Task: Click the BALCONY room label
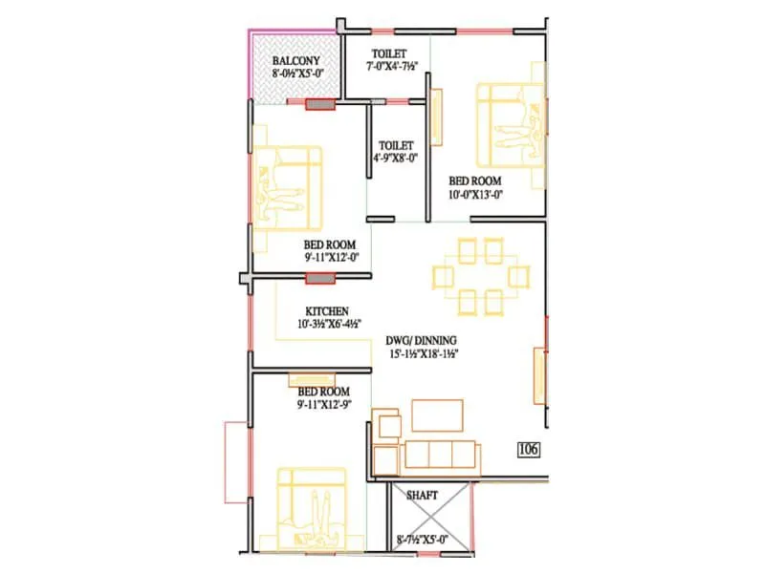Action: (x=295, y=58)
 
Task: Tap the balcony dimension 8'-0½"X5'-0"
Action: (x=295, y=73)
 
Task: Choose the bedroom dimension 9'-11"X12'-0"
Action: (x=330, y=257)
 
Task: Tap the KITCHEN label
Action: (x=327, y=311)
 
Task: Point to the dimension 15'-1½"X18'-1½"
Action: (x=426, y=353)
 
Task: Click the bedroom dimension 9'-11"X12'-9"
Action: (x=322, y=405)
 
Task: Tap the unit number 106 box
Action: (x=528, y=449)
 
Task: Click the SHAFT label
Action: (x=422, y=496)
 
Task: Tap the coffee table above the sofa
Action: (x=437, y=415)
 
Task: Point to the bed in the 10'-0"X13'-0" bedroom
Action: (x=513, y=122)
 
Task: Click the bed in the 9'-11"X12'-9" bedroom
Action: (x=312, y=510)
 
